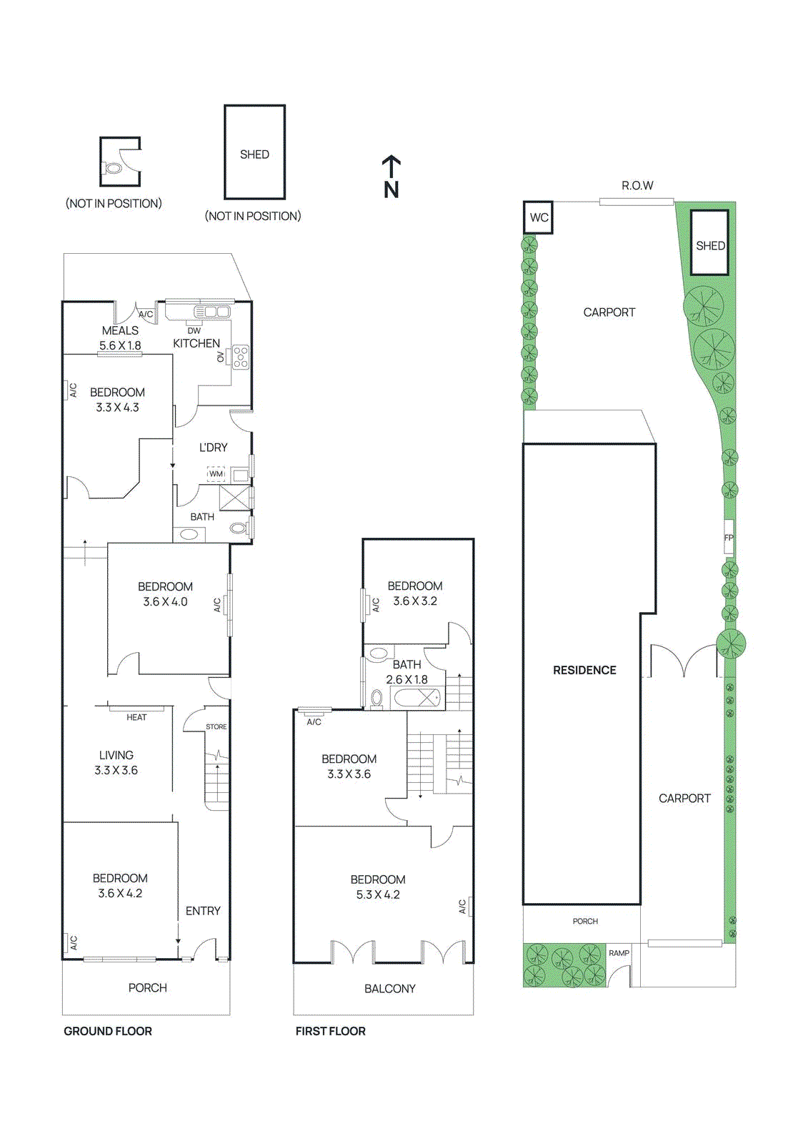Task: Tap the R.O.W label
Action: click(x=637, y=186)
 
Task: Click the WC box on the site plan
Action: click(x=539, y=217)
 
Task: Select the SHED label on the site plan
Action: click(x=710, y=245)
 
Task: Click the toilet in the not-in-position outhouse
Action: click(x=113, y=169)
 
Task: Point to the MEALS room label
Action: click(x=120, y=330)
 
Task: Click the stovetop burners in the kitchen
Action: click(x=241, y=357)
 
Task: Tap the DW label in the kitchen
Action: click(x=194, y=330)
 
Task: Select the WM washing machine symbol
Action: click(x=216, y=474)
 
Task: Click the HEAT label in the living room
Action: click(x=136, y=717)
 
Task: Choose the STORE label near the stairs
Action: click(x=216, y=726)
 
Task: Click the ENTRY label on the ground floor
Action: click(x=203, y=911)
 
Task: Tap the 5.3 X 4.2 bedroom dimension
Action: click(x=378, y=895)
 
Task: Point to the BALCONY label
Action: click(x=389, y=989)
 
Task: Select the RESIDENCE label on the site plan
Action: click(x=584, y=670)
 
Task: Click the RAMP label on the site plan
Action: click(x=619, y=953)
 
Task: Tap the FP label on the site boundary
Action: click(x=729, y=538)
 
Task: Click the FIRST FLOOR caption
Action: click(x=330, y=1031)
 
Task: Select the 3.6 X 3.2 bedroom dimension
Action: click(x=415, y=601)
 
